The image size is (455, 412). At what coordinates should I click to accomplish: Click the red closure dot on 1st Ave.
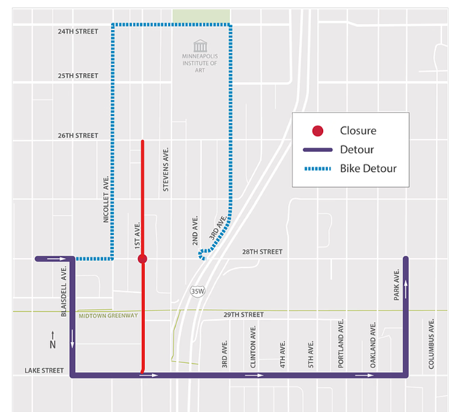coord(142,259)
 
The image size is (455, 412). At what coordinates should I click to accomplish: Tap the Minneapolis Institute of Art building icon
coord(200,46)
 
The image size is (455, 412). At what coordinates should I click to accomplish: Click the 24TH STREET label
coord(77,32)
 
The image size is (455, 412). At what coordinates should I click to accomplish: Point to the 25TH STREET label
coord(77,76)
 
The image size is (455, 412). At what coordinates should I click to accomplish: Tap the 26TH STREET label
coord(77,135)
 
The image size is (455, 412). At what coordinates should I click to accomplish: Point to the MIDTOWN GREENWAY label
coord(109,316)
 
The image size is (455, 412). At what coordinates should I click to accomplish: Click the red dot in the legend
coord(318,131)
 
